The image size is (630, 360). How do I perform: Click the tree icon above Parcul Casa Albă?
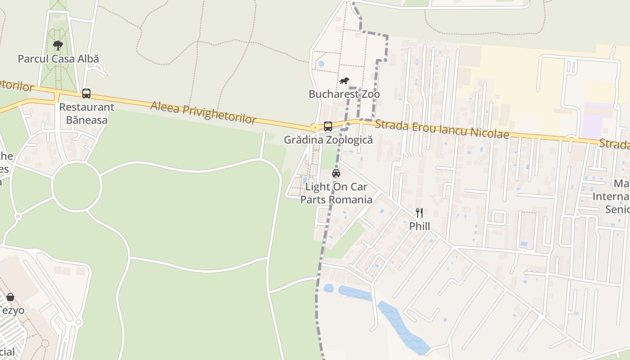point(58,45)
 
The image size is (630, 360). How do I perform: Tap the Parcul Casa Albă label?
point(58,58)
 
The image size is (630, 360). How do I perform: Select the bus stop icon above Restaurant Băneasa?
point(86,94)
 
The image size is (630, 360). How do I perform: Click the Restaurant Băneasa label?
point(87,113)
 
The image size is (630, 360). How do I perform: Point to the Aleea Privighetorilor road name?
point(203,112)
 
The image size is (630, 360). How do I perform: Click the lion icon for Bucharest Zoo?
point(344,81)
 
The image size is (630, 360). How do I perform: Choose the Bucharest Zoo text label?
point(344,94)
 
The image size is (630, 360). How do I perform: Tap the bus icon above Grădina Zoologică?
point(328,126)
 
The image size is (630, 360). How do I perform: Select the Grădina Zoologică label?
point(328,139)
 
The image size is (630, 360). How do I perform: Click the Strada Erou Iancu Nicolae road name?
point(441,129)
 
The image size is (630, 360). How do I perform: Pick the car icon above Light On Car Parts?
point(336,173)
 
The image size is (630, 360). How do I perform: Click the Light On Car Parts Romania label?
point(336,193)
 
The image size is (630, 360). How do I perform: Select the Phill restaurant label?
point(419,226)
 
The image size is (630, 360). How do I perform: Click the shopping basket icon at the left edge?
point(10,297)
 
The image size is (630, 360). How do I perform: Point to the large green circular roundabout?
point(76,186)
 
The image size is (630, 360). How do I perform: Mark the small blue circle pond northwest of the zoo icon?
point(321,64)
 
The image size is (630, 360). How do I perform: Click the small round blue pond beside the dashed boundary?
point(328,288)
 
